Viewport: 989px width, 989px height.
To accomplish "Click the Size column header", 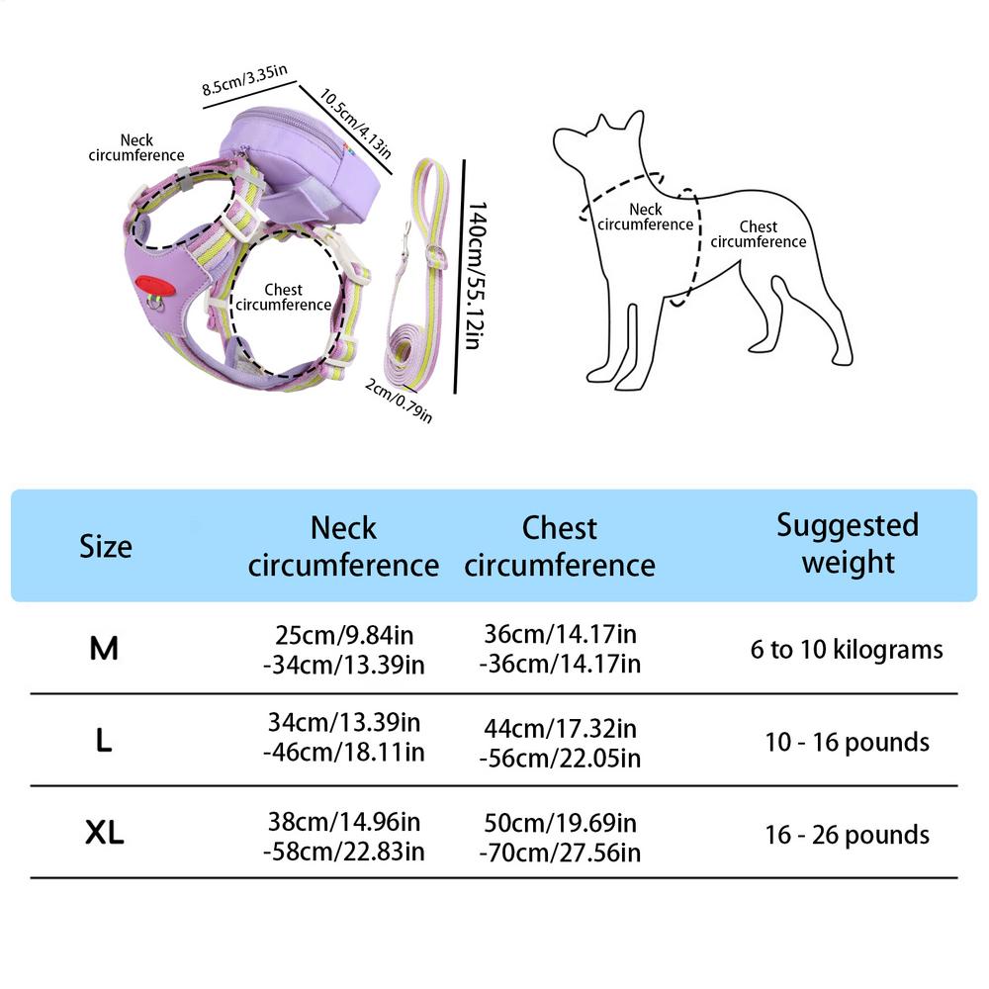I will point(105,546).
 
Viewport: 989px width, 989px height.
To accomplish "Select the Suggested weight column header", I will point(847,544).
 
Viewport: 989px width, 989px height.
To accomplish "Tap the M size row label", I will point(104,649).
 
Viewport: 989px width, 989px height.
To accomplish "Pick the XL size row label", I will point(104,834).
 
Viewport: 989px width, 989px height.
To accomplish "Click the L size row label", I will point(104,742).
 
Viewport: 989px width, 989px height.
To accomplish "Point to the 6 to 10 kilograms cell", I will point(847,650).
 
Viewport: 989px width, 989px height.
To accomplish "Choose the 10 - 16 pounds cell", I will point(847,742).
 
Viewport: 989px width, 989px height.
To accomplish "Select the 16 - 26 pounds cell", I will point(847,834).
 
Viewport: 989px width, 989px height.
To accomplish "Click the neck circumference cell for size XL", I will point(344,837).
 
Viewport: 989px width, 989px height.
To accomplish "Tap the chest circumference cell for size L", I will point(560,744).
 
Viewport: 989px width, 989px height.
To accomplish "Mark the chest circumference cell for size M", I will point(560,649).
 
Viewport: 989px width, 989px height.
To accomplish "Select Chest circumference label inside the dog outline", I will point(759,234).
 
